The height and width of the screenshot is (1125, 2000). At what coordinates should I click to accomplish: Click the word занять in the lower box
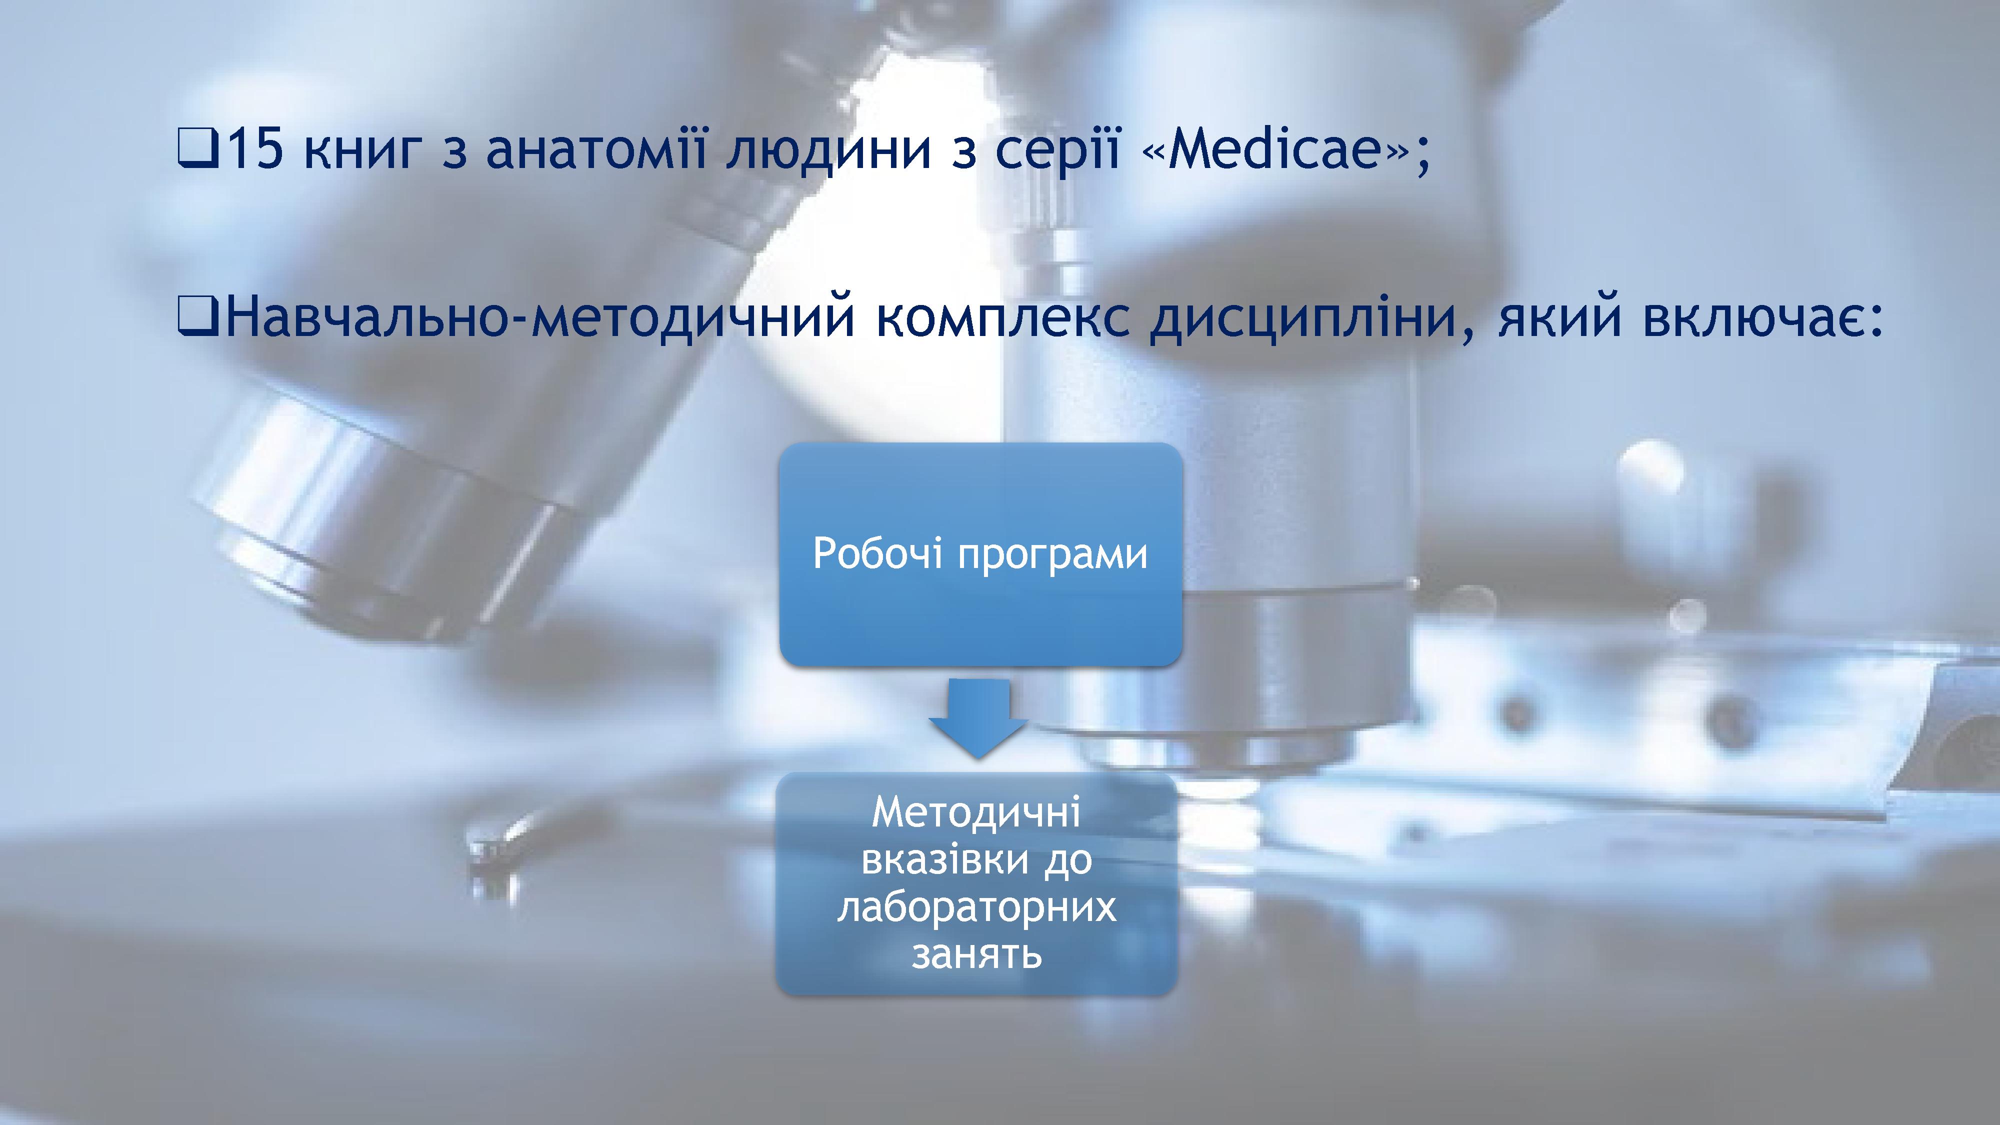[x=976, y=954]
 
